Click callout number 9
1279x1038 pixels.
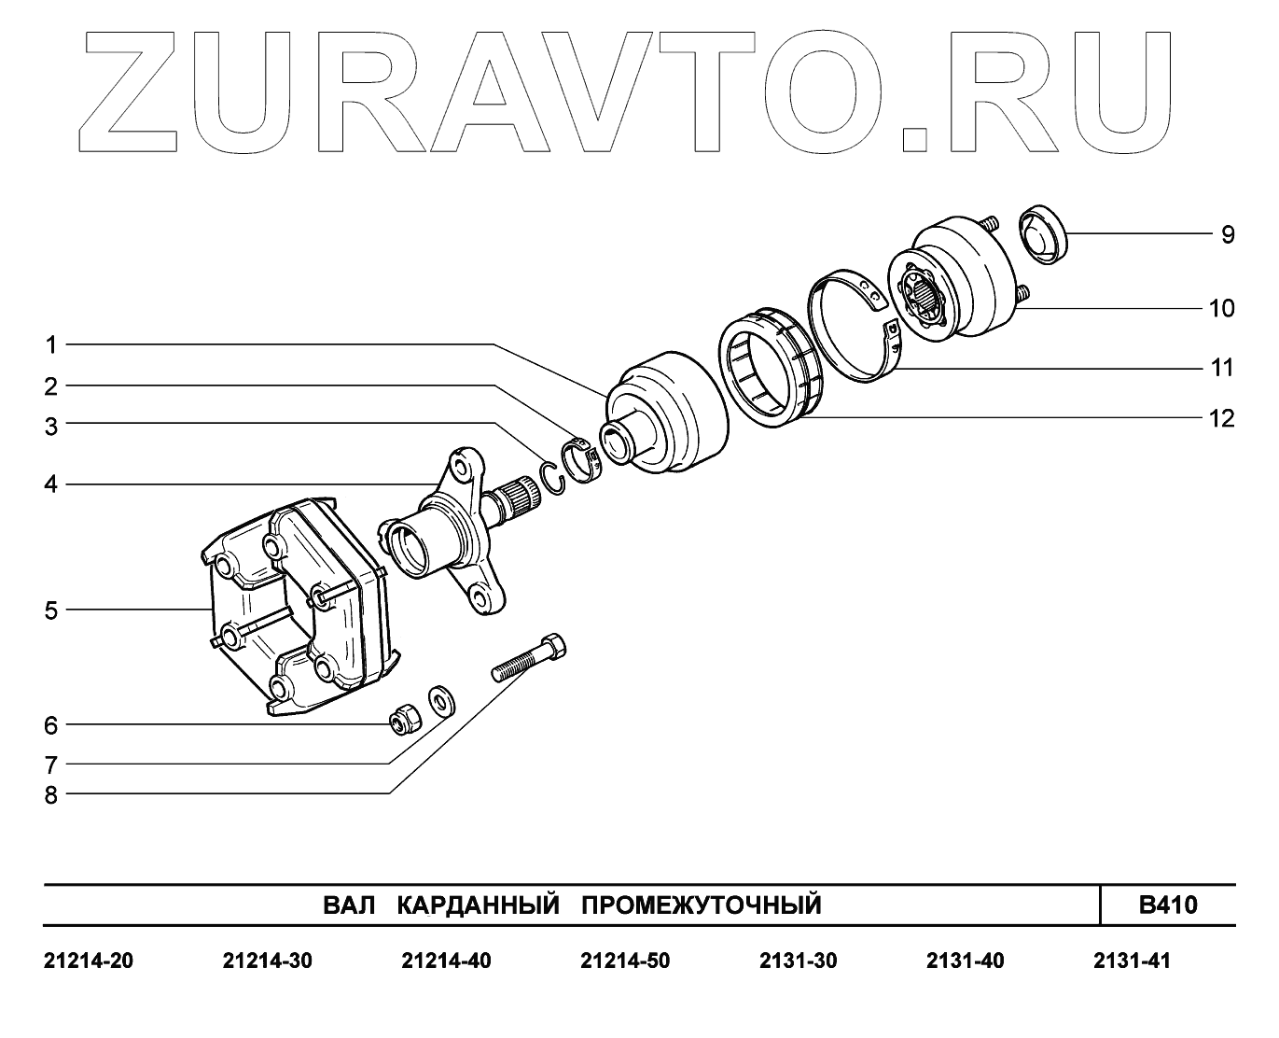(1228, 234)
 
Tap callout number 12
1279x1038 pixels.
(1221, 418)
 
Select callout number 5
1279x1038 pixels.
(50, 610)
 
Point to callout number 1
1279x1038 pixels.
(52, 345)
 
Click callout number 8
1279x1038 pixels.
(50, 794)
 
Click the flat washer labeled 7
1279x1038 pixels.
(439, 699)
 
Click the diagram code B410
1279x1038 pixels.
(1167, 905)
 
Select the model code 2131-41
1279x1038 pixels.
(1132, 961)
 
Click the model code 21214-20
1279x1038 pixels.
(89, 961)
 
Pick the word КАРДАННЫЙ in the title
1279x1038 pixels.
(478, 905)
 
